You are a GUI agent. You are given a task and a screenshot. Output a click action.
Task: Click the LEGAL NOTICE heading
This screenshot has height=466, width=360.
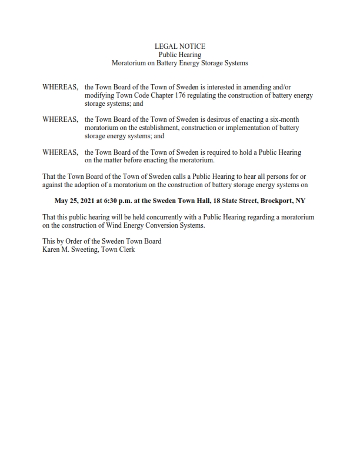pos(179,46)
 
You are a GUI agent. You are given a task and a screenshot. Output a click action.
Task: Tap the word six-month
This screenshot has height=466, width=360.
pos(285,119)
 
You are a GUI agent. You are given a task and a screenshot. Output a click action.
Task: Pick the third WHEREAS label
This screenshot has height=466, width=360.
pos(60,152)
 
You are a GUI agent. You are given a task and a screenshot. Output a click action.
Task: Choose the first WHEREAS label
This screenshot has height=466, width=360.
pos(60,86)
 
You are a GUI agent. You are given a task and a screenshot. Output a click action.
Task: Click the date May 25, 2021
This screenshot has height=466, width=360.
pos(79,201)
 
